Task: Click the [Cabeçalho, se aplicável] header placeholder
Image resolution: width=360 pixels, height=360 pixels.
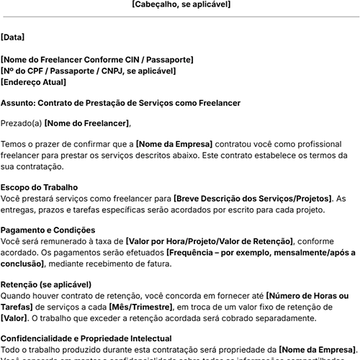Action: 181,4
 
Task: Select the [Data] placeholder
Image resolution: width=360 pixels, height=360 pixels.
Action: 13,37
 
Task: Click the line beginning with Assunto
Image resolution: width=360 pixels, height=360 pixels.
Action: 120,103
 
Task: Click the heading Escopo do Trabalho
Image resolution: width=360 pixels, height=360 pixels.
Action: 50,187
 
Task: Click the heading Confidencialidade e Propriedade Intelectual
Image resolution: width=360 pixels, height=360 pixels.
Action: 86,338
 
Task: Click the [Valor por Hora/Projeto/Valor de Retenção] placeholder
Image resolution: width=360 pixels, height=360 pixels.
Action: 209,241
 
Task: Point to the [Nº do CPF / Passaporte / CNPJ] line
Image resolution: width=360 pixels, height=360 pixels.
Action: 88,71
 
